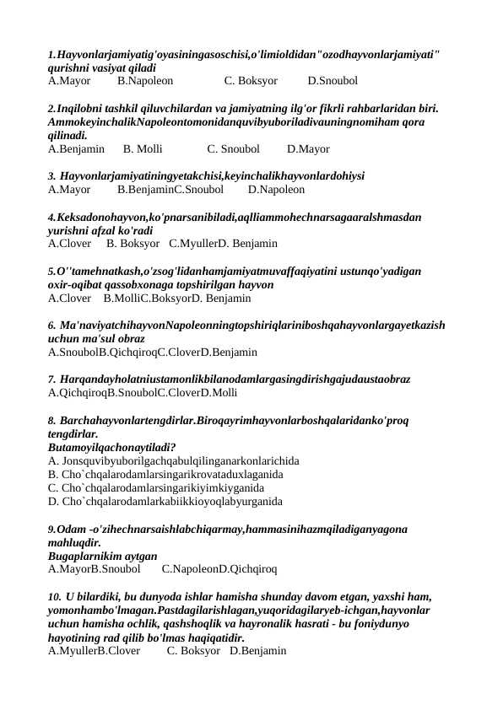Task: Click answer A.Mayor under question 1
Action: [x=69, y=82]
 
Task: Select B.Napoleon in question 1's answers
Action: [x=145, y=82]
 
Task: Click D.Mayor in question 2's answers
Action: [x=308, y=149]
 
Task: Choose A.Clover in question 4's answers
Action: [x=69, y=244]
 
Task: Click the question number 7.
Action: [x=52, y=379]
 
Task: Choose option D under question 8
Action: [x=165, y=501]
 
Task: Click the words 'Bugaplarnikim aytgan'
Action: [x=103, y=556]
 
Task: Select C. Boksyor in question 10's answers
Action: [x=192, y=651]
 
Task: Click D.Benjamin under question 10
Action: [x=258, y=651]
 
